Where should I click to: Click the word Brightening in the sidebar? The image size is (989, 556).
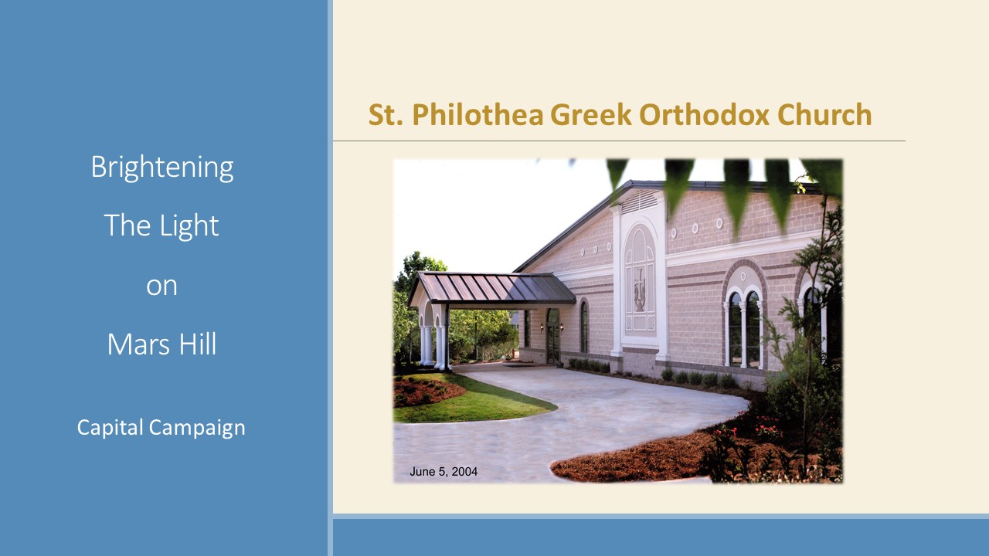pos(162,168)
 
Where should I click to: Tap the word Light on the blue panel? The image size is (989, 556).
pos(189,225)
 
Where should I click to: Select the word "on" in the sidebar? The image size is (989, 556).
pos(161,286)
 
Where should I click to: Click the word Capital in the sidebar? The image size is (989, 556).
pos(110,428)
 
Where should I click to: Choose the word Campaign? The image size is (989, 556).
pos(197,428)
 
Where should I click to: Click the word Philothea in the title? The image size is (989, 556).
pos(478,115)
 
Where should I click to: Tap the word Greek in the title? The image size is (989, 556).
pos(591,115)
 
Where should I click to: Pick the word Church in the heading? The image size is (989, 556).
pos(824,115)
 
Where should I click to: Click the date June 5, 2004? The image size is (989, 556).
pos(444,472)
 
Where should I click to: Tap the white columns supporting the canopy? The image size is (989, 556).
pos(435,347)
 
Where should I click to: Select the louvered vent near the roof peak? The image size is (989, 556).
pos(639,202)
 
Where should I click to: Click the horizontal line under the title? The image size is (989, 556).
pos(619,141)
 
